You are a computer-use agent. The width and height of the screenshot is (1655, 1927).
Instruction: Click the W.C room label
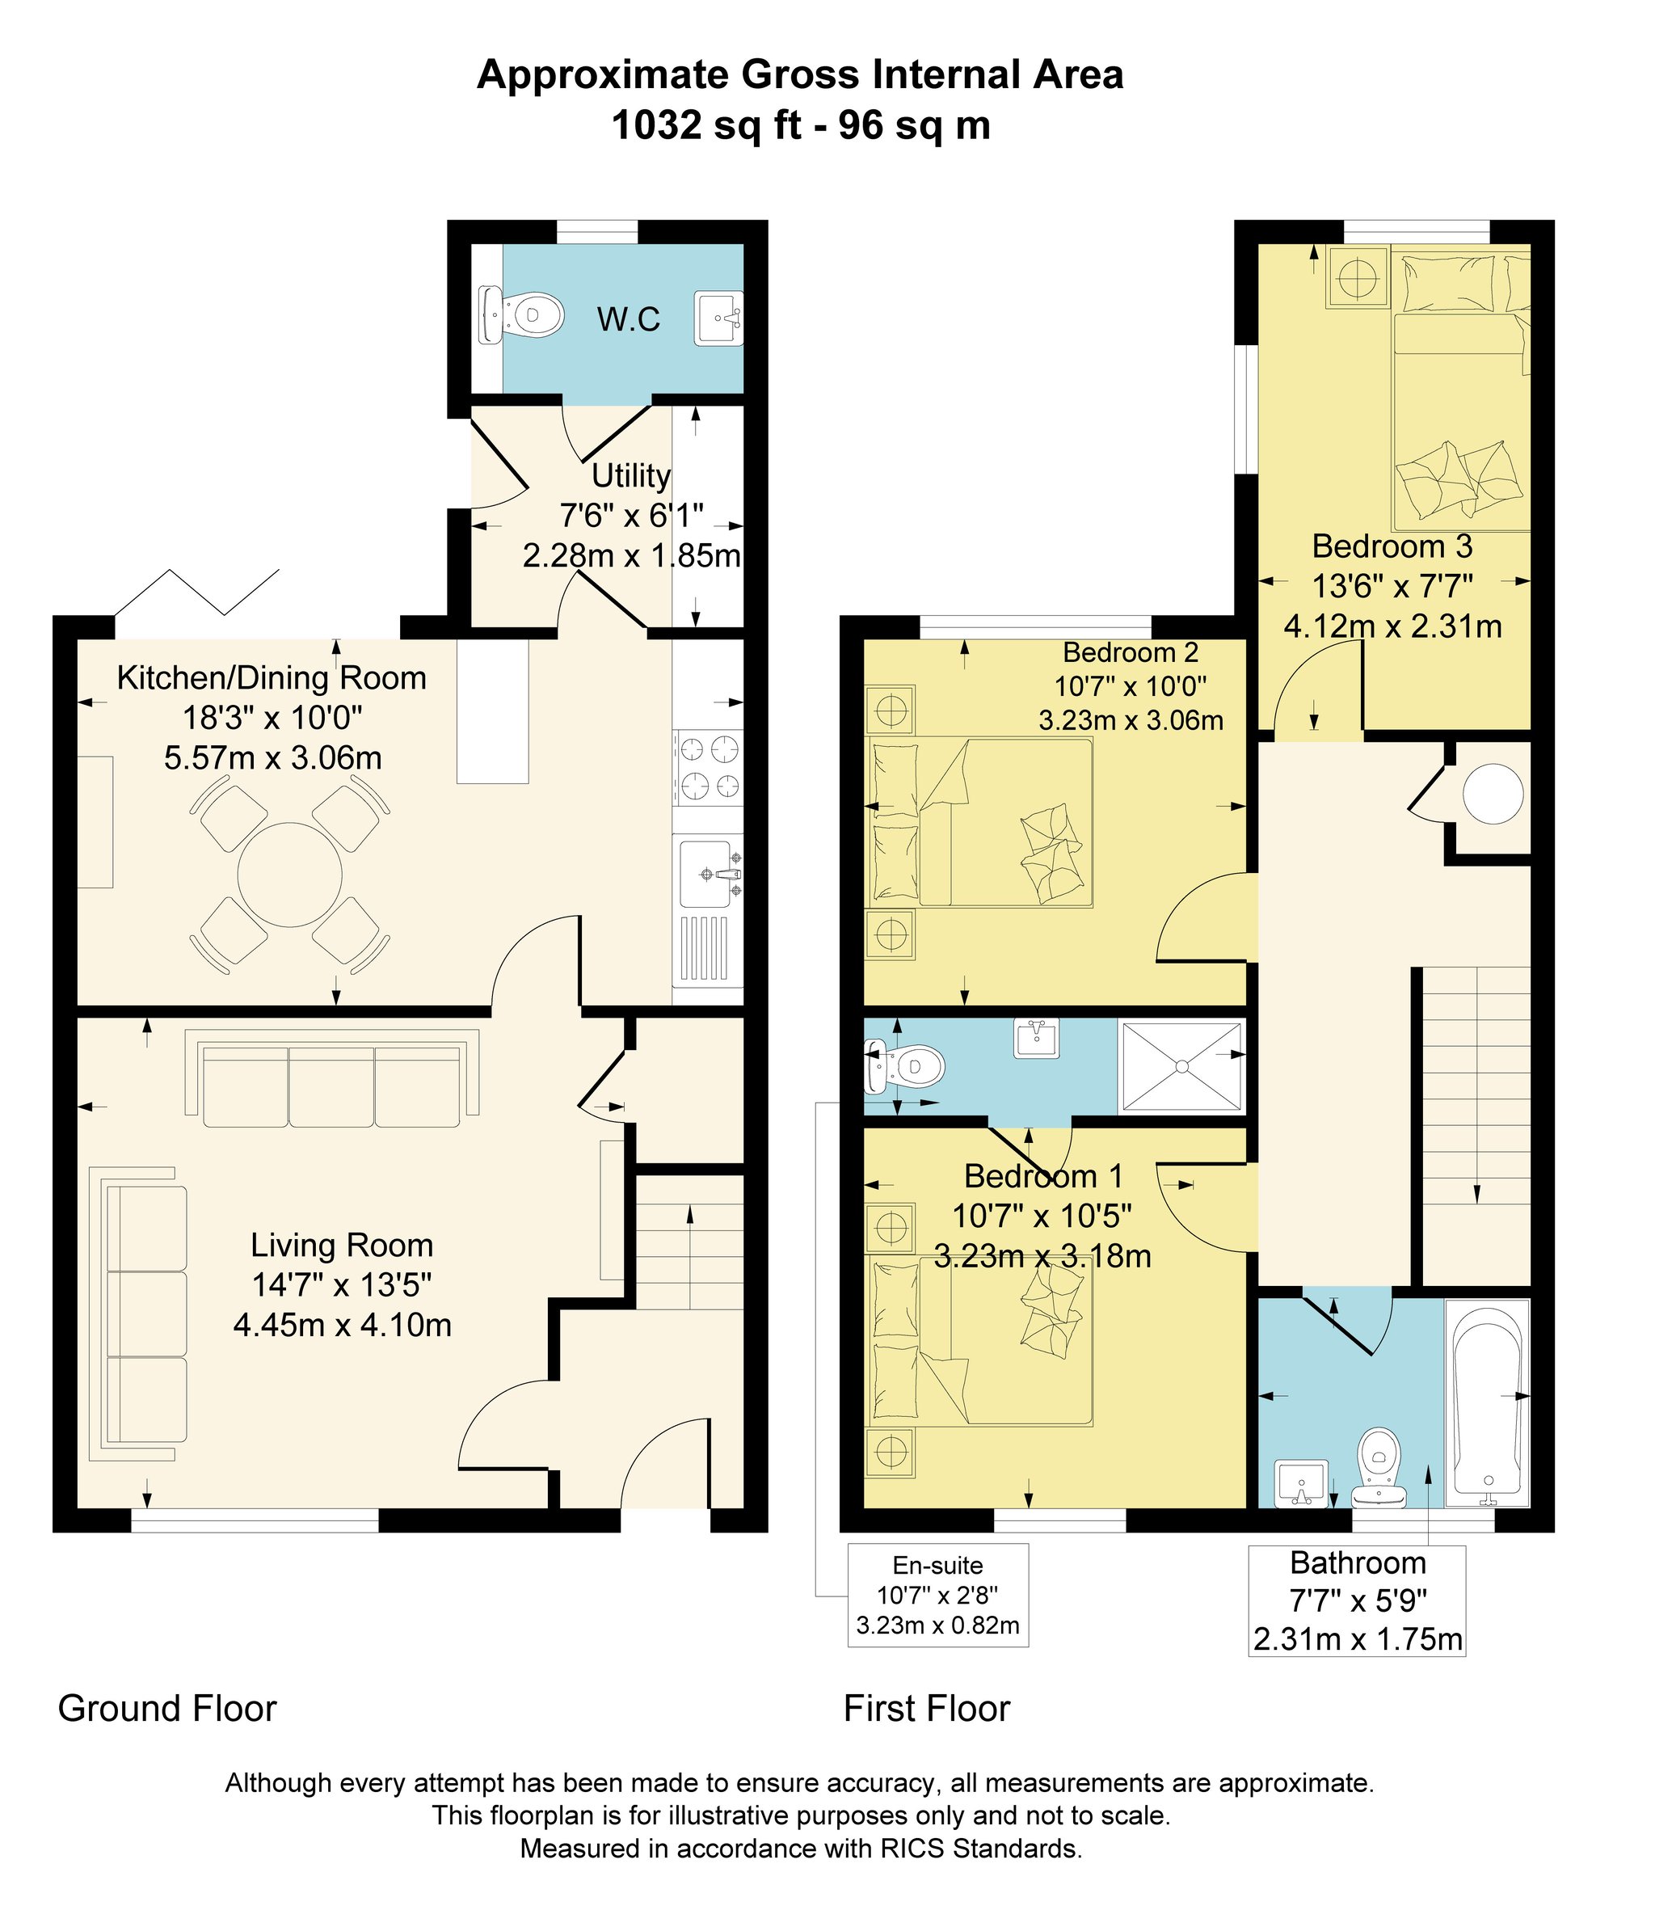tap(629, 320)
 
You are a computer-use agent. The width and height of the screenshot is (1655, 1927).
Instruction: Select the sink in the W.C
tap(718, 318)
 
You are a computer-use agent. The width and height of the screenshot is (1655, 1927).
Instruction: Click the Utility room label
tap(631, 476)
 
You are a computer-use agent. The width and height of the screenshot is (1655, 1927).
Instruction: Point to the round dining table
tap(290, 875)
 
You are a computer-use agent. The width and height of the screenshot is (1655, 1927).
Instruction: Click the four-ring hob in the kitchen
tap(710, 767)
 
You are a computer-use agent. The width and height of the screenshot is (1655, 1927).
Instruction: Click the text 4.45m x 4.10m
tap(342, 1324)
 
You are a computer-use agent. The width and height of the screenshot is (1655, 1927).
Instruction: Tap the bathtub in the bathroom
tap(1487, 1402)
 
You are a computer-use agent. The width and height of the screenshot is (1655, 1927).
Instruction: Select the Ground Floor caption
tap(167, 1709)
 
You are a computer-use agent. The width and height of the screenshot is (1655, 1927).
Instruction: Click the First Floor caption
tap(926, 1709)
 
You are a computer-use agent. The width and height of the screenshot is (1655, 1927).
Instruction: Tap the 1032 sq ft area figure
tap(706, 124)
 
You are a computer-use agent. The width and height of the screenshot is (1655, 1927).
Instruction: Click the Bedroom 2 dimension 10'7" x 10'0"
tap(1131, 686)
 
